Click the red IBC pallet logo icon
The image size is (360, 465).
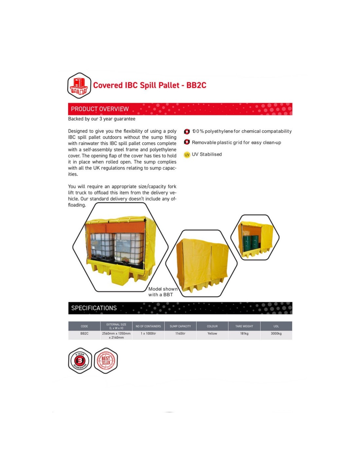[x=79, y=86]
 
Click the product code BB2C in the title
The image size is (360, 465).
[x=196, y=85]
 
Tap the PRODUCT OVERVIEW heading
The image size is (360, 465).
[x=99, y=109]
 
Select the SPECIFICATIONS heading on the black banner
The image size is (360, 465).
[x=94, y=308]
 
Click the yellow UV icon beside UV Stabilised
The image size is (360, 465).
[x=187, y=155]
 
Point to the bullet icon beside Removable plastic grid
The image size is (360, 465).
[x=187, y=142]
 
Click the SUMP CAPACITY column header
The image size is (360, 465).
[x=180, y=326]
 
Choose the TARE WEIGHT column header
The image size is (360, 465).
[x=244, y=326]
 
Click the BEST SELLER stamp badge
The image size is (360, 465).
[x=106, y=361]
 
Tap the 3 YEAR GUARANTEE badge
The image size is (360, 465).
[x=80, y=361]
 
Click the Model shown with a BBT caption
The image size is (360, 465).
[x=163, y=292]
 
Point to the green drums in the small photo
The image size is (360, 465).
[x=251, y=243]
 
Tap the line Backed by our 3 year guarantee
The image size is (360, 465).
[x=101, y=119]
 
